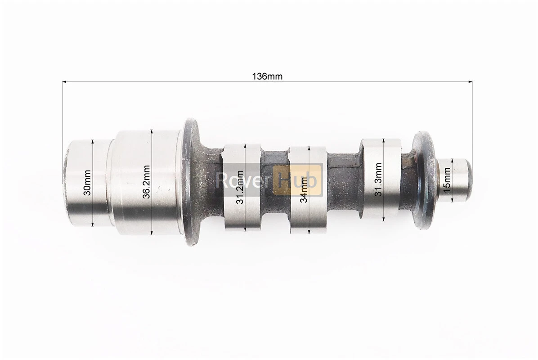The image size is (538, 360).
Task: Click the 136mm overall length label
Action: point(267,76)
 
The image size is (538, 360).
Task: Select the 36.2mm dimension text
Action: point(147,182)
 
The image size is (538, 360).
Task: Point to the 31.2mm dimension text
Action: point(240,187)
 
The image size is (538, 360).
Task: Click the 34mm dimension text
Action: point(304,190)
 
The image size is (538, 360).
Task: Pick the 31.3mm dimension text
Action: point(378,179)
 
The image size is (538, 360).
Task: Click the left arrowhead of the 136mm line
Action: point(64,82)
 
